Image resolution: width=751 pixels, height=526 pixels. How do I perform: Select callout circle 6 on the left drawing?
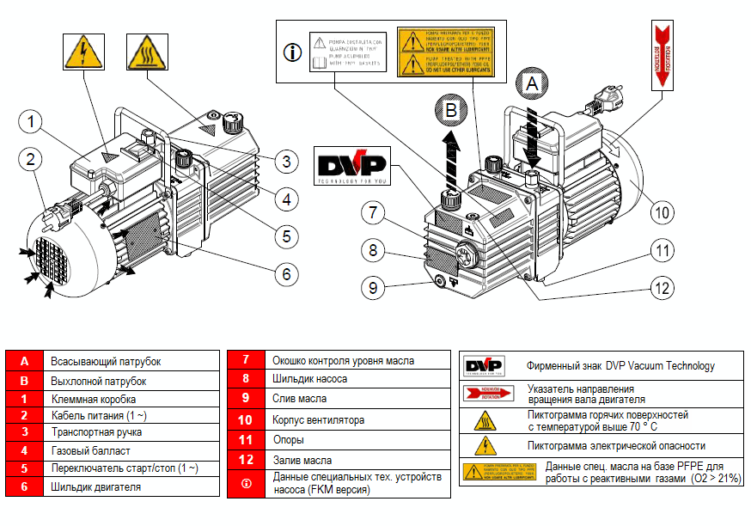pyautogui.click(x=286, y=274)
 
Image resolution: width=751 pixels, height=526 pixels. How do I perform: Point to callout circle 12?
pyautogui.click(x=660, y=288)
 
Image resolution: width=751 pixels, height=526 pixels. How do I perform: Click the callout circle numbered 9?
pyautogui.click(x=372, y=288)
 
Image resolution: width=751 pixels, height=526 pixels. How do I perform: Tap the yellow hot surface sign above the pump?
pyautogui.click(x=146, y=53)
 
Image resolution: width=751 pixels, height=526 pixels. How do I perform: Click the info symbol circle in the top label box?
pyautogui.click(x=293, y=52)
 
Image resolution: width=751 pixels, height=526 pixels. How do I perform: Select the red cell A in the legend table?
pyautogui.click(x=25, y=362)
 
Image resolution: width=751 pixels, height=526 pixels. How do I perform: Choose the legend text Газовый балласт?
pyautogui.click(x=82, y=450)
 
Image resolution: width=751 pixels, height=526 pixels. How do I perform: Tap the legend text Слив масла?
pyautogui.click(x=299, y=399)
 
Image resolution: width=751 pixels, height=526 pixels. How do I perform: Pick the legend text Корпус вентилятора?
pyautogui.click(x=318, y=420)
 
